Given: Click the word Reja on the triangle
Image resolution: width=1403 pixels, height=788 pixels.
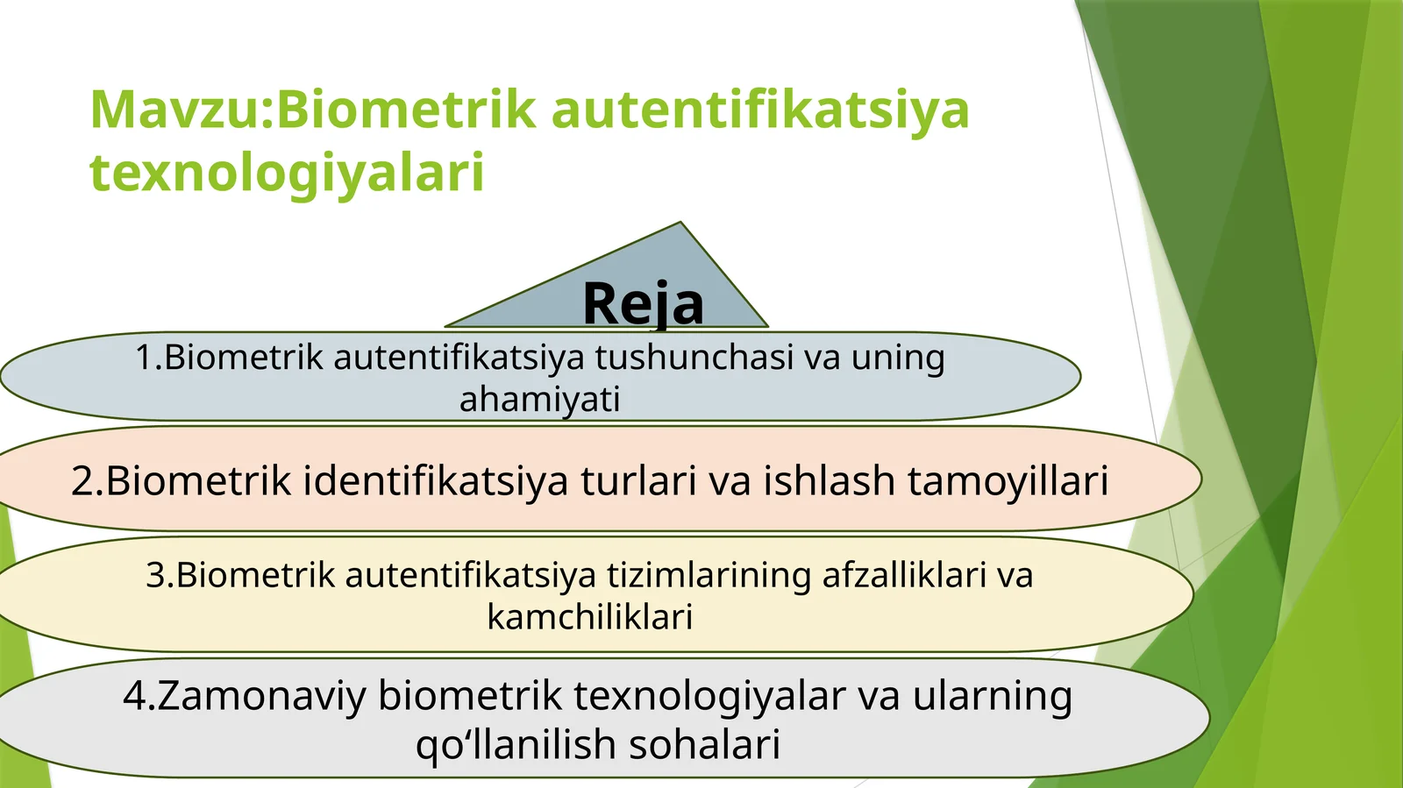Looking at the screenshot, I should coord(643,304).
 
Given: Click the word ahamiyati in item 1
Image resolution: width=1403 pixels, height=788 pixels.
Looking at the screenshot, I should coord(539,400).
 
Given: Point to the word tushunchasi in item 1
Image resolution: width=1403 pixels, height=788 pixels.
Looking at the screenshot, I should coord(694,358).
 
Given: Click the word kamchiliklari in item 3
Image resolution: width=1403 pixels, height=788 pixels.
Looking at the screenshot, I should coord(589,617).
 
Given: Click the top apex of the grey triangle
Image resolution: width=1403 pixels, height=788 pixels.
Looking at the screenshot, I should coord(680,224).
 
